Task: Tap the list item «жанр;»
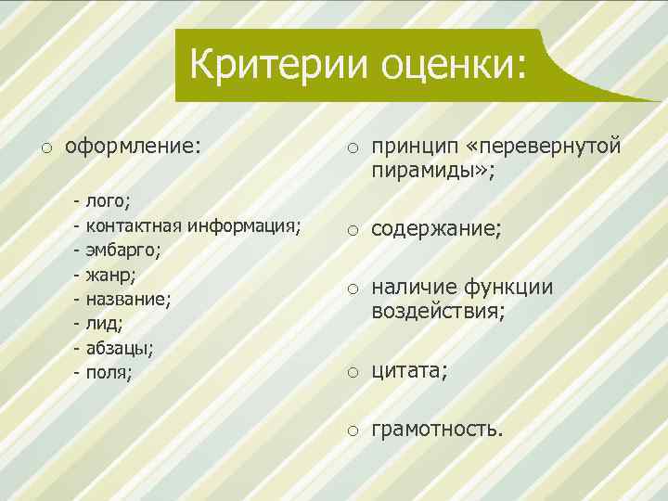pyautogui.click(x=110, y=274)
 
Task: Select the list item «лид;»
pyautogui.click(x=103, y=324)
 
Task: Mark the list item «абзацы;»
pyautogui.click(x=120, y=348)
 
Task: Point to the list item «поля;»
pyautogui.click(x=109, y=373)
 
